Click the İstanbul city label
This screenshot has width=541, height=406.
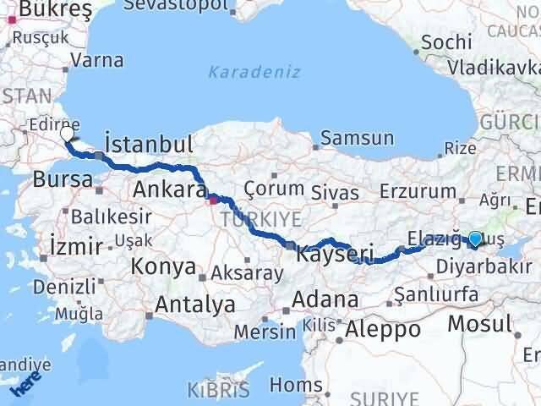pyautogui.click(x=148, y=141)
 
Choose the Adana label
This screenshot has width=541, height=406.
pyautogui.click(x=325, y=299)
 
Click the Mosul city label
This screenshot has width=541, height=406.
pyautogui.click(x=479, y=322)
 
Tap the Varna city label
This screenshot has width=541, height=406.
pyautogui.click(x=97, y=61)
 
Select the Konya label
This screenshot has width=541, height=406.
pyautogui.click(x=162, y=267)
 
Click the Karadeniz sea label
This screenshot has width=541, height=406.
pyautogui.click(x=254, y=72)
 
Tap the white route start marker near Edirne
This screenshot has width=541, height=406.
pyautogui.click(x=68, y=132)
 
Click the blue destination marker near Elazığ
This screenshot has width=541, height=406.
pyautogui.click(x=475, y=239)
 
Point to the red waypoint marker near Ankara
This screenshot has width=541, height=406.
pyautogui.click(x=215, y=200)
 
